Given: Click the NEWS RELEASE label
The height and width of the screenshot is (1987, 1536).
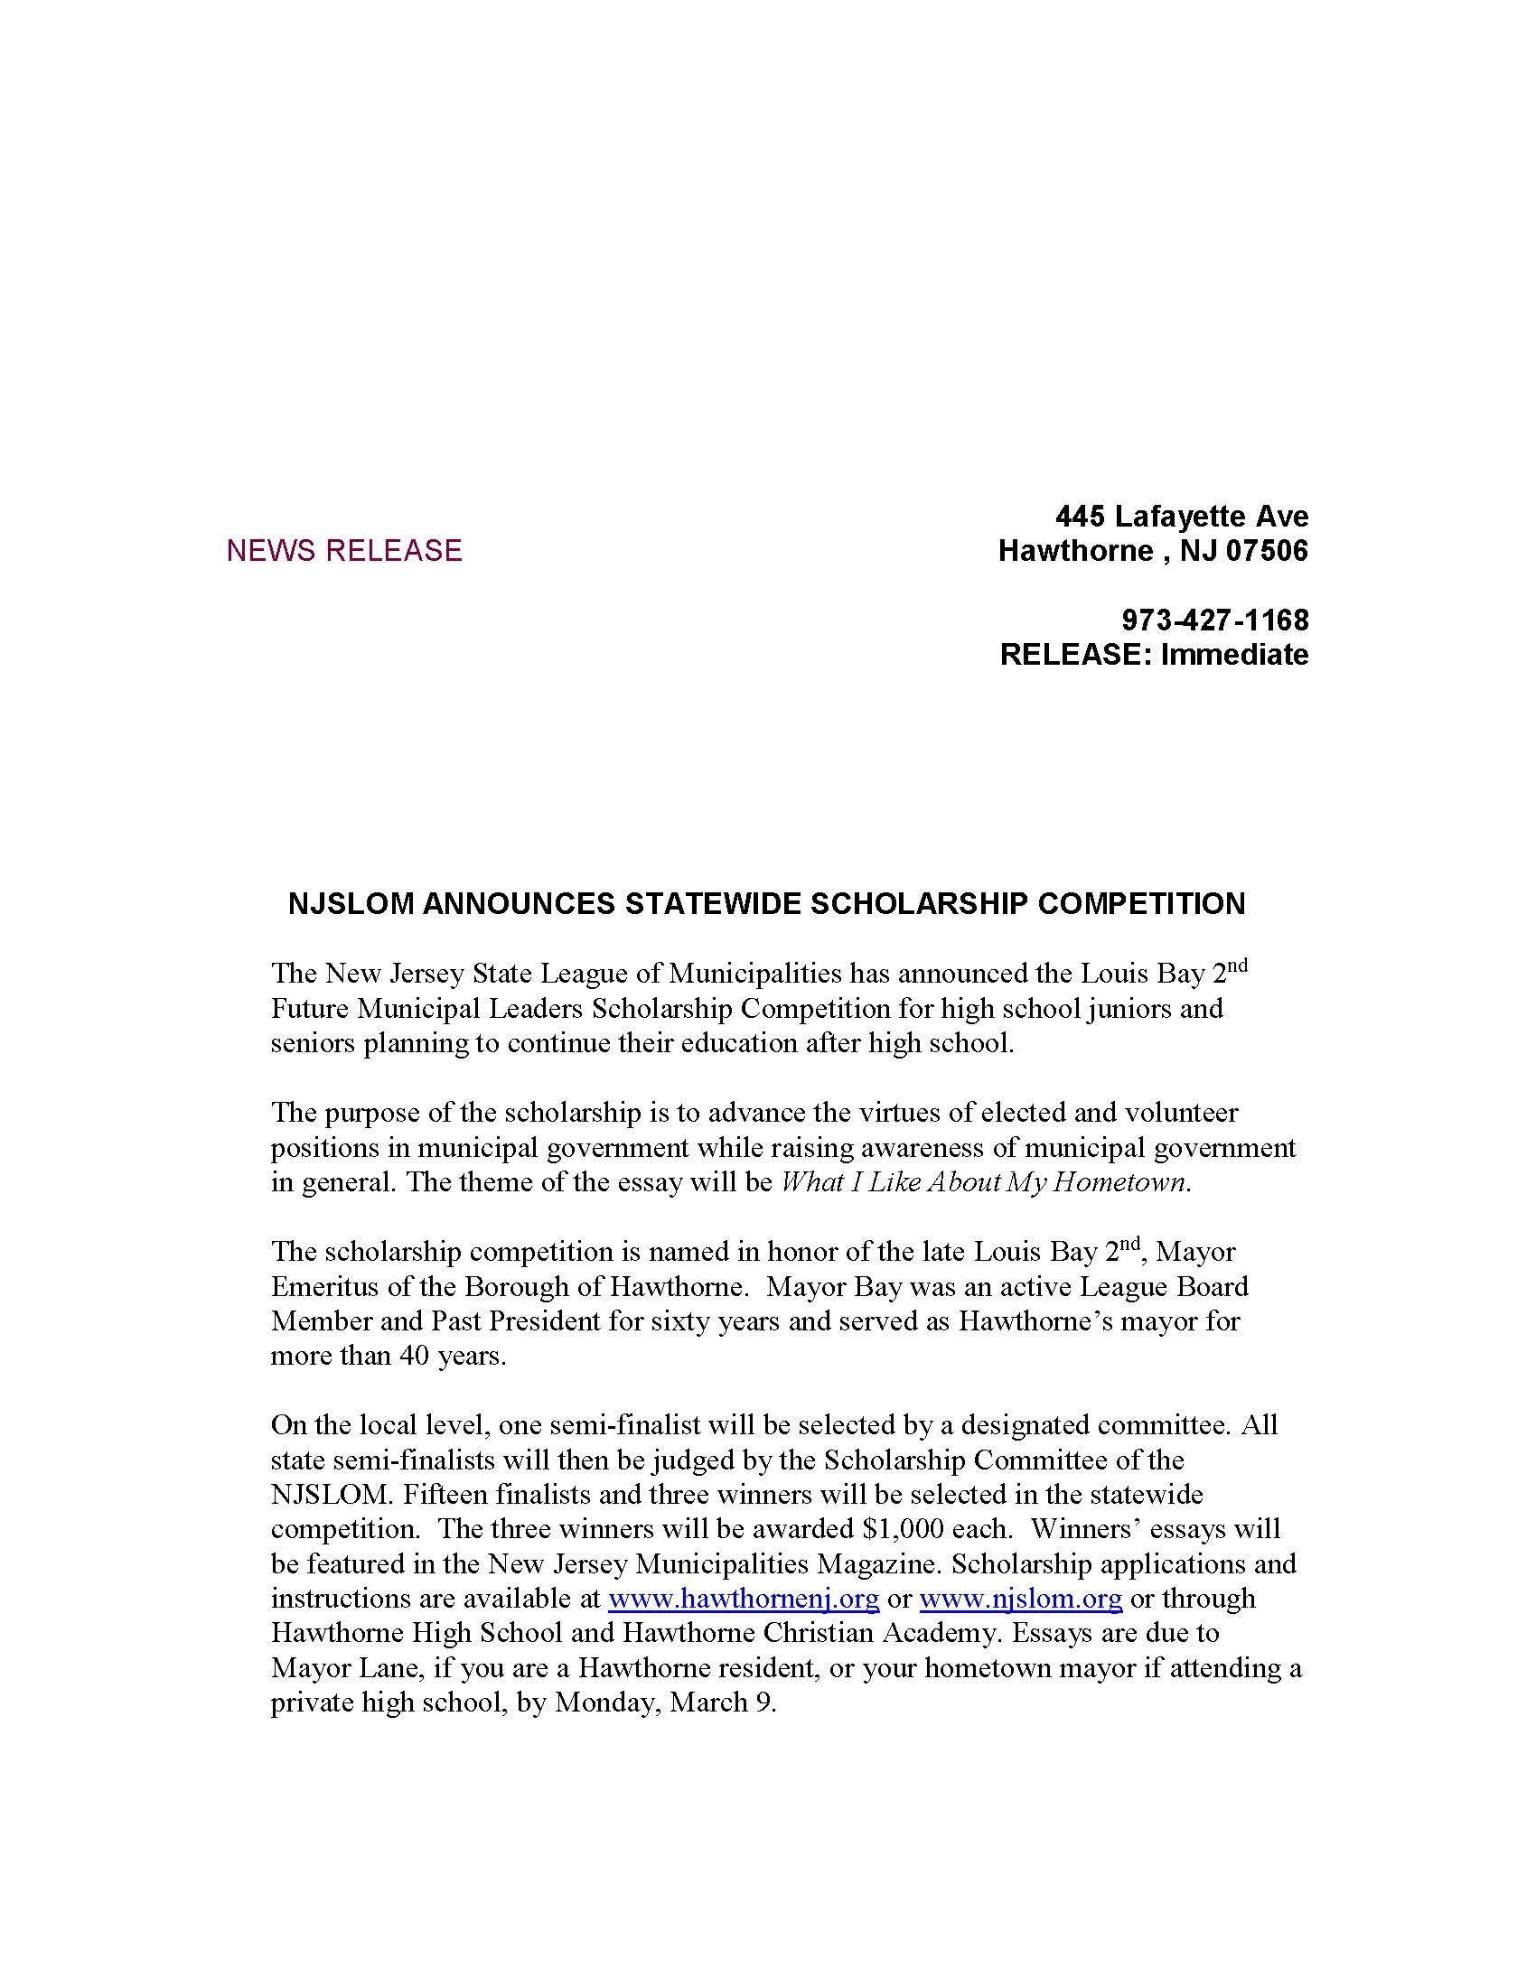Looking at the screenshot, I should tap(344, 550).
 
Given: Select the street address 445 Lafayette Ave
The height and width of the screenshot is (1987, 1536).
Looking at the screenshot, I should tap(1181, 517).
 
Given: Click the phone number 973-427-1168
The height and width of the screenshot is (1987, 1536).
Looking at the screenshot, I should tap(1214, 620).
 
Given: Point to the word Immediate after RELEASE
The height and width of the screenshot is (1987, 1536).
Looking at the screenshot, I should tap(1235, 654).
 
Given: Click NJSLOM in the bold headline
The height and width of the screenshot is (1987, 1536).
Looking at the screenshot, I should tap(339, 903).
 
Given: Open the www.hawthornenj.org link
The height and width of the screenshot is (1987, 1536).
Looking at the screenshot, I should tap(744, 1599).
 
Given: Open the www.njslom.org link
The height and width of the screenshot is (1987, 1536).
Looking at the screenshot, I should tap(1021, 1599).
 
